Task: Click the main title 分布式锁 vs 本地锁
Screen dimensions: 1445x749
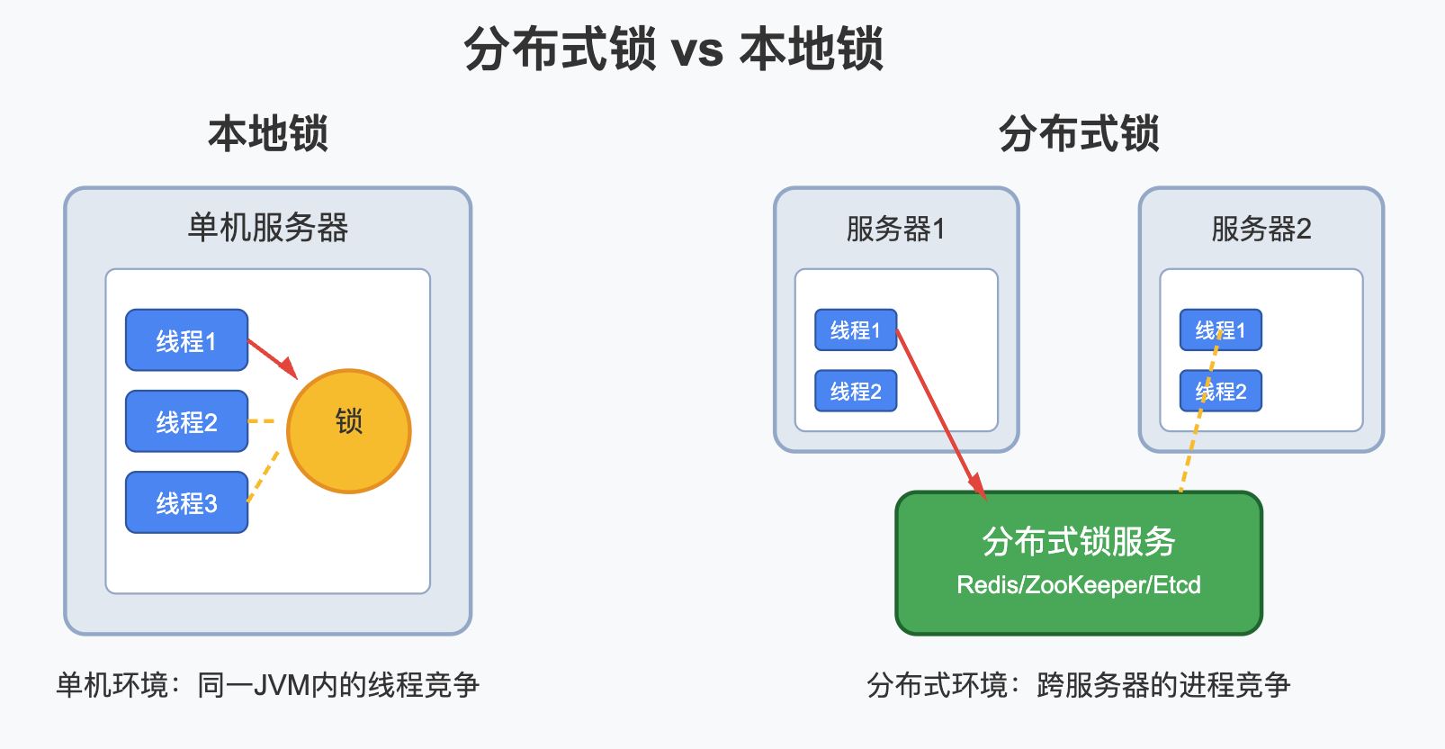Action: tap(674, 49)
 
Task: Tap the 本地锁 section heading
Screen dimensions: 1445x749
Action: tap(268, 133)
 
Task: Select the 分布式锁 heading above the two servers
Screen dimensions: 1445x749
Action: tap(1079, 133)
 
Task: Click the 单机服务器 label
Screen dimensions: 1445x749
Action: tap(268, 228)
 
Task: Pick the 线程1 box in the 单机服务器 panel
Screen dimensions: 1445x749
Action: tap(186, 340)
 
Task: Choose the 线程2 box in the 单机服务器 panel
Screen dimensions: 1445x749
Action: tap(186, 421)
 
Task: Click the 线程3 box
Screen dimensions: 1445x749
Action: tap(186, 502)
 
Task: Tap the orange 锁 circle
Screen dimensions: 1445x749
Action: tap(348, 430)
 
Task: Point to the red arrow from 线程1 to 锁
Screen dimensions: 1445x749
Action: tap(273, 359)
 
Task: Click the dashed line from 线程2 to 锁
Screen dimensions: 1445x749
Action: tap(261, 421)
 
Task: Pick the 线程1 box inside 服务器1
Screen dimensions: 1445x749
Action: tap(856, 330)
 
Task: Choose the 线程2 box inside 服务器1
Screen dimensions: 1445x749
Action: tap(856, 391)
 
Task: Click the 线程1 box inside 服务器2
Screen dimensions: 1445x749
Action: tap(1220, 330)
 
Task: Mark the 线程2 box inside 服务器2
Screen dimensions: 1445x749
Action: tap(1220, 391)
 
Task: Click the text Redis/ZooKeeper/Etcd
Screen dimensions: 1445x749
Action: tap(1079, 585)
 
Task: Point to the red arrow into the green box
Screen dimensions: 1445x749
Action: tap(942, 415)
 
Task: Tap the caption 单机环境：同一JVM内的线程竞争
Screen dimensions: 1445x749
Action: tap(268, 685)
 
